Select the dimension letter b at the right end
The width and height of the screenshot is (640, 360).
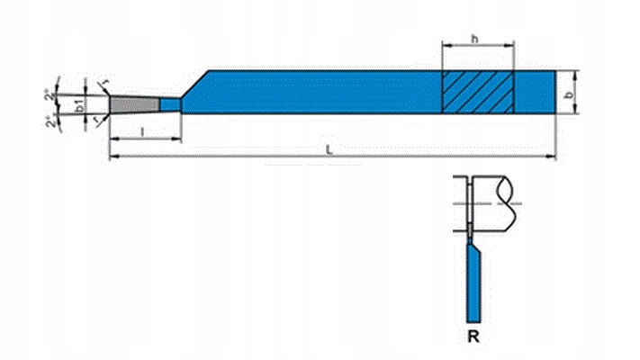click(x=567, y=93)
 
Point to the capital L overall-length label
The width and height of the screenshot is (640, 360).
click(x=330, y=150)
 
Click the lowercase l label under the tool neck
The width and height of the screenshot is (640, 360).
click(x=144, y=131)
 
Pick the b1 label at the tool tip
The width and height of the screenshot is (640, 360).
click(x=80, y=105)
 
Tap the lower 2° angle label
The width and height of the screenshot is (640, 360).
click(x=51, y=121)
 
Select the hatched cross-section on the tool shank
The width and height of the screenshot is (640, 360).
click(x=477, y=91)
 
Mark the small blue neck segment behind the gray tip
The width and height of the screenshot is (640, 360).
click(x=171, y=105)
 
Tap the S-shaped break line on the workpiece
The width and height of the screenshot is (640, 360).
click(x=512, y=202)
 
